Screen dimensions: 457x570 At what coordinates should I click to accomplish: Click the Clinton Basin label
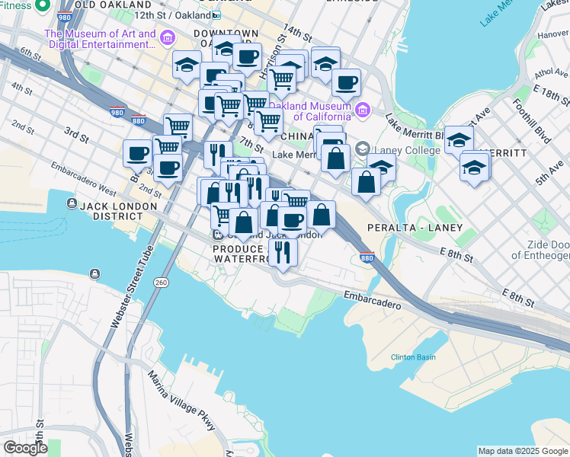click(414, 357)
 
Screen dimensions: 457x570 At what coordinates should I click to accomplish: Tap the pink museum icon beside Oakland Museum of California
click(362, 111)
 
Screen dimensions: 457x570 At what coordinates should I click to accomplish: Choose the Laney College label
click(408, 150)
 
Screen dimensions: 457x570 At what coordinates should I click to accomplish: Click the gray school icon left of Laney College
click(363, 149)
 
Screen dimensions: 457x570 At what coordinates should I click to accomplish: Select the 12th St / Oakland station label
click(171, 14)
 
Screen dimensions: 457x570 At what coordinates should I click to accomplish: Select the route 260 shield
click(160, 283)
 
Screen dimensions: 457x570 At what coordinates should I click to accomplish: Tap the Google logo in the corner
click(25, 448)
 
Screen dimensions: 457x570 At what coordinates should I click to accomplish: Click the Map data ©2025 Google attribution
click(523, 451)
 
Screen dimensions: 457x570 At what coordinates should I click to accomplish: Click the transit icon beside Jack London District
click(72, 204)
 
